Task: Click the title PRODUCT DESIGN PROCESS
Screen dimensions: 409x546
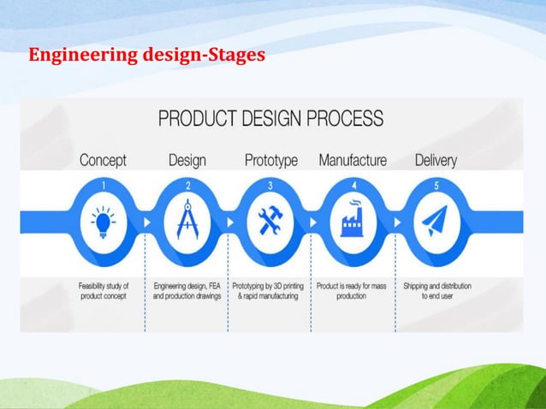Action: pyautogui.click(x=270, y=118)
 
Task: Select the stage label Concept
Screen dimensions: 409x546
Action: pyautogui.click(x=103, y=160)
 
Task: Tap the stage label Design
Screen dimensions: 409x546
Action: pyautogui.click(x=187, y=160)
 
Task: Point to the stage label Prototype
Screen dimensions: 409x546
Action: pyautogui.click(x=270, y=160)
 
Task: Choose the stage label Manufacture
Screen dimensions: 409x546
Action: pyautogui.click(x=353, y=160)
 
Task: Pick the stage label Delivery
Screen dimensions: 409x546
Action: pyautogui.click(x=436, y=160)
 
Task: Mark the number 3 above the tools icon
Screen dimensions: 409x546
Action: pyautogui.click(x=270, y=184)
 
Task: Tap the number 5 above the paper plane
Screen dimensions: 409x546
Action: pyautogui.click(x=436, y=184)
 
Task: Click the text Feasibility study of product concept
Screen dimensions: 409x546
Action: pyautogui.click(x=103, y=291)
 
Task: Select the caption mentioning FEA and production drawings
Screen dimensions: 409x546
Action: pyautogui.click(x=187, y=291)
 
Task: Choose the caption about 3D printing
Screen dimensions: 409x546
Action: pyautogui.click(x=270, y=291)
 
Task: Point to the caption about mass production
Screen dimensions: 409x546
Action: pyautogui.click(x=353, y=291)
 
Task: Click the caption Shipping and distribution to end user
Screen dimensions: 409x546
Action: pyautogui.click(x=436, y=291)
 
